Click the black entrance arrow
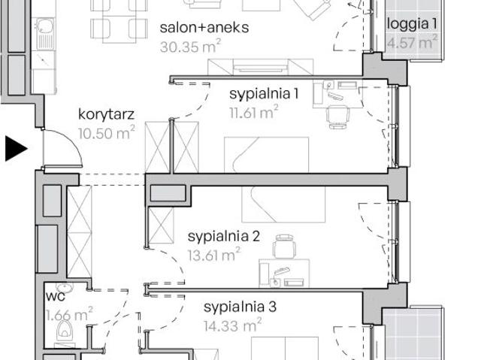point(15,149)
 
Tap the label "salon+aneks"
point(204,28)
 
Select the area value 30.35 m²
point(190,47)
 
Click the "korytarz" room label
point(106,114)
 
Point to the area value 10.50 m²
point(106,133)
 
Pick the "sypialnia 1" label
point(264,94)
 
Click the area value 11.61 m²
point(254,112)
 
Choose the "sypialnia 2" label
point(224,237)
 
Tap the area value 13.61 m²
point(214,255)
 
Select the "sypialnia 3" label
point(240,307)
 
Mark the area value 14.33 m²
point(232,325)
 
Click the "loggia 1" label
point(412,24)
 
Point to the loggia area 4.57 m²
point(412,42)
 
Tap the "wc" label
point(55,297)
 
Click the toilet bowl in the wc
point(65,331)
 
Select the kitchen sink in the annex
point(45,33)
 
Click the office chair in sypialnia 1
point(337,116)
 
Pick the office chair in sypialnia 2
point(284,247)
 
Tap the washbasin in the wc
point(65,287)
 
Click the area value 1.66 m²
point(69,314)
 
